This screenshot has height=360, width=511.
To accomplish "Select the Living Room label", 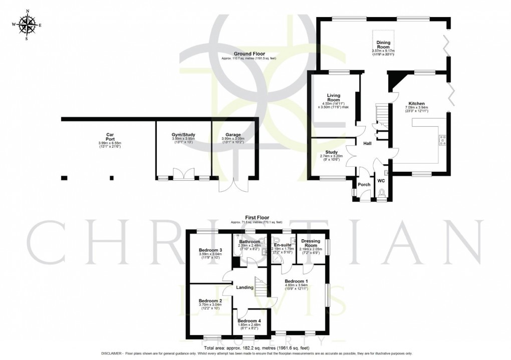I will [x=334, y=97].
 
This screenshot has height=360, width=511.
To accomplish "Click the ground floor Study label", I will [x=332, y=152].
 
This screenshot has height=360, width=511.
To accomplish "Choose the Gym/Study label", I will [x=183, y=135].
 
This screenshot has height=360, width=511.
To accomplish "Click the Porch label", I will [x=364, y=184].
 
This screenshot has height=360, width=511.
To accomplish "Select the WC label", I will [x=381, y=180].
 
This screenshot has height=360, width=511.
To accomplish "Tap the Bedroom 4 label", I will [x=249, y=321].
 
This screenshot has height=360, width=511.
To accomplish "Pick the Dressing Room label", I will [x=311, y=243].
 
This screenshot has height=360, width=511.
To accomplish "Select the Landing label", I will [x=245, y=287].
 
